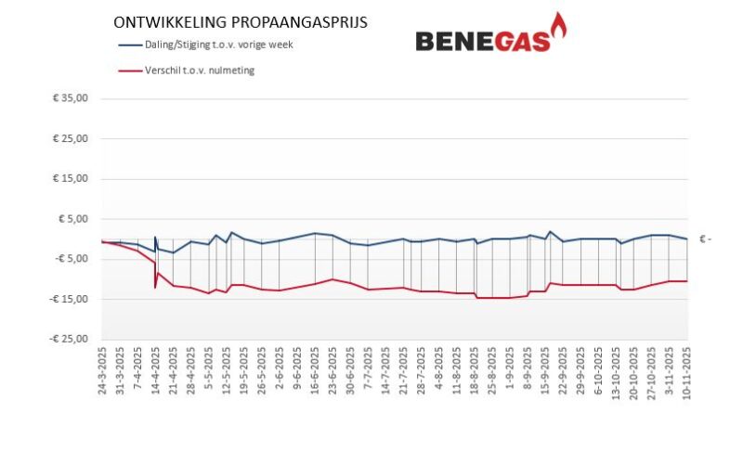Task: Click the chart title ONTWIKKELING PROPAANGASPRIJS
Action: click(240, 21)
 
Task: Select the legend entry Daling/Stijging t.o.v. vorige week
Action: click(218, 44)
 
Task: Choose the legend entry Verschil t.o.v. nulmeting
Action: click(199, 70)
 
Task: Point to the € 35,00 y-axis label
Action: click(71, 98)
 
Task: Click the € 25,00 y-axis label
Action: click(71, 138)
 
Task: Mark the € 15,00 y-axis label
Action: click(71, 178)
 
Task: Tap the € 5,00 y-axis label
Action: click(72, 219)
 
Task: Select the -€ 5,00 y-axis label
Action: click(71, 259)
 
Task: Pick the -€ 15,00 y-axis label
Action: click(69, 299)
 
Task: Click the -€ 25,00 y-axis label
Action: click(69, 339)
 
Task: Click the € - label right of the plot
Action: click(707, 239)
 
